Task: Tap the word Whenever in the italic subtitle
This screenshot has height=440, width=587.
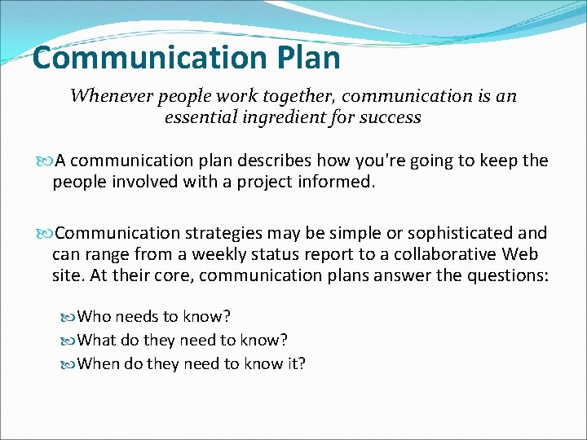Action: coord(107,96)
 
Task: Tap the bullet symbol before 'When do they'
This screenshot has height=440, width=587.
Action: coord(68,363)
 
